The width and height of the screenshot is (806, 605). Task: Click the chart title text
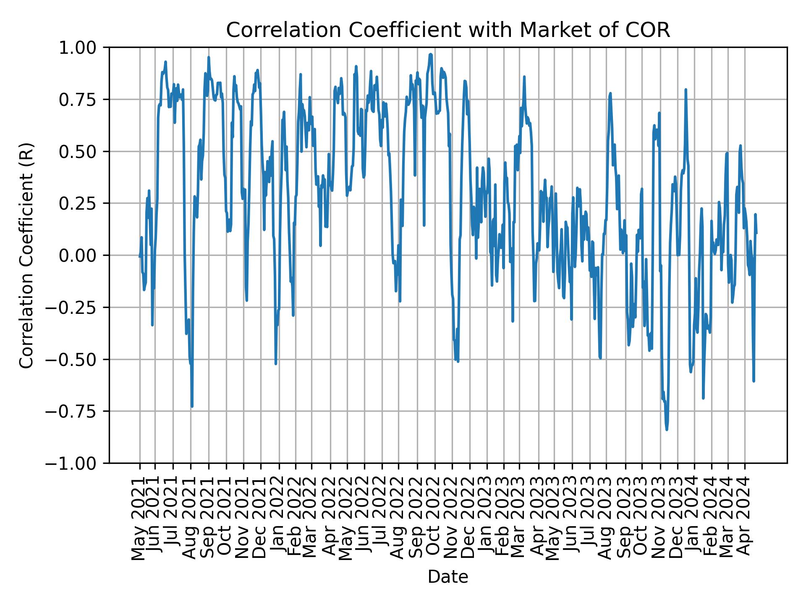click(448, 30)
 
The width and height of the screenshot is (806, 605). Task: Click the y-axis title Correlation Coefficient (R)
click(26, 255)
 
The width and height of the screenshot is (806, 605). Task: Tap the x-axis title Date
click(448, 577)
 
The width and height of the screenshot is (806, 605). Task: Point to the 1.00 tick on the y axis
click(84, 47)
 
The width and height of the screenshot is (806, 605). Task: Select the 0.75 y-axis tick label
click(84, 100)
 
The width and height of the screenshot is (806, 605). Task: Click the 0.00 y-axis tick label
click(84, 255)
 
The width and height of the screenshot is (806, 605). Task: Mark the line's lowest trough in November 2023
click(667, 429)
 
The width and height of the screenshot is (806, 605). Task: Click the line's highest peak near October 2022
click(430, 54)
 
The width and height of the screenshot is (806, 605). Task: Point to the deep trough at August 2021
click(192, 406)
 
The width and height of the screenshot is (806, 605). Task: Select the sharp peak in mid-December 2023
click(686, 89)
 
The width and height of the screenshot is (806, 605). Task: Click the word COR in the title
click(652, 30)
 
